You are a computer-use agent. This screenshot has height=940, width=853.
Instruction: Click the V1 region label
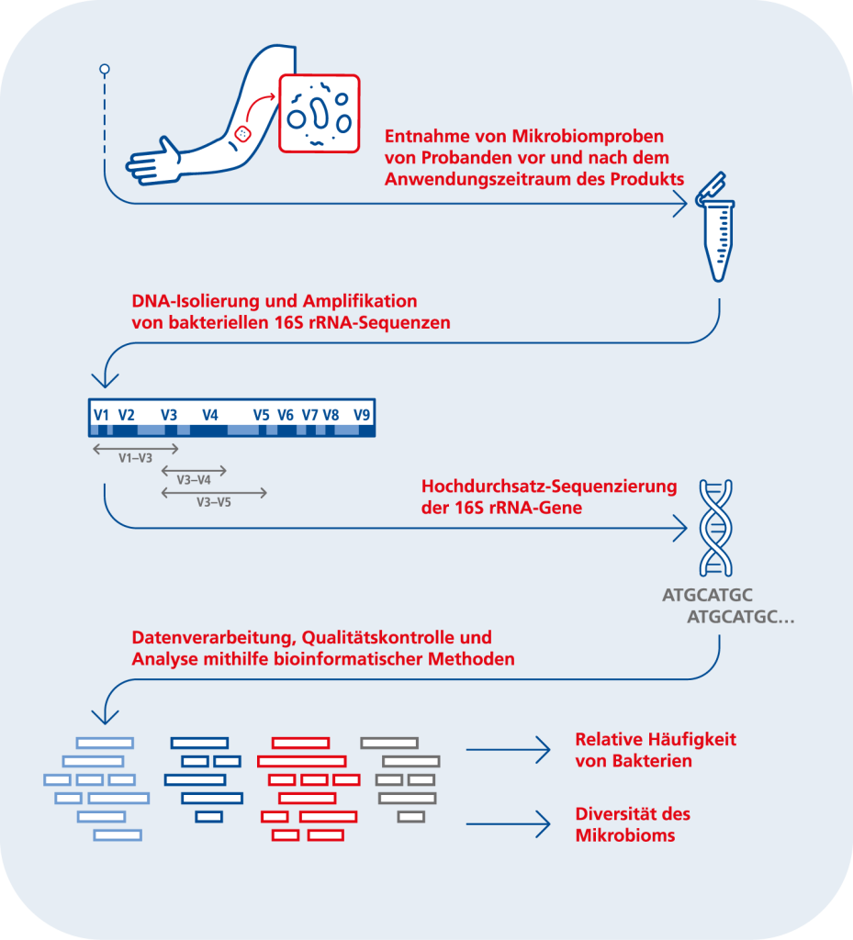tap(101, 415)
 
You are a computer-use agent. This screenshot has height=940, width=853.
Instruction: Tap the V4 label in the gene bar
tap(209, 415)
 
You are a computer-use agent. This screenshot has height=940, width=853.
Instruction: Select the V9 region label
tap(362, 415)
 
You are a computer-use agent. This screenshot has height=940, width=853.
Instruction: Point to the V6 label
tap(286, 415)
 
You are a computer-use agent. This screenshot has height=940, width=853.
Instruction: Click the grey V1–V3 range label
tap(136, 458)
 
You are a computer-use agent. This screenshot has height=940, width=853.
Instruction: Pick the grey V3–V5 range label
tap(214, 502)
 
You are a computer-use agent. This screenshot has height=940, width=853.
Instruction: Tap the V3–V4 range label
tap(194, 480)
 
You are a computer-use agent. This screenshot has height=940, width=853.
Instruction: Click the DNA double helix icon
tap(715, 528)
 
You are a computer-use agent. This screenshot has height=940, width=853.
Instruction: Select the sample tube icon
tap(715, 228)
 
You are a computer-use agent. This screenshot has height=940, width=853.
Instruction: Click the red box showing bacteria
tap(320, 113)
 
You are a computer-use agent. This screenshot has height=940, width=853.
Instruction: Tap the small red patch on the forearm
tap(242, 134)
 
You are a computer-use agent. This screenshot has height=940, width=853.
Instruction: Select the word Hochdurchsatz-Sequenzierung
tap(549, 487)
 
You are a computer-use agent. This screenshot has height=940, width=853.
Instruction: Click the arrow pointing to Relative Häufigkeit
tap(508, 749)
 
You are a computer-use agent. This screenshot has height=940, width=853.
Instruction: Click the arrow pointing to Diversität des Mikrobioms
tap(508, 824)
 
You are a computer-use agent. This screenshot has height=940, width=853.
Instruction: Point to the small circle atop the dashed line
tap(105, 70)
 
